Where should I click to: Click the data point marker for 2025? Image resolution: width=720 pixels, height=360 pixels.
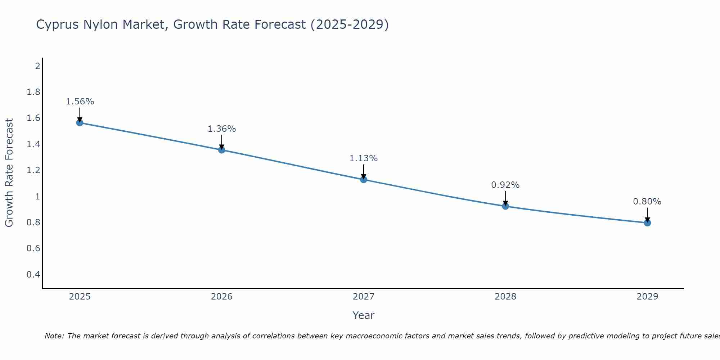80,123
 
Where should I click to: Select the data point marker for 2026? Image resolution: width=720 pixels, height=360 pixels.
221,150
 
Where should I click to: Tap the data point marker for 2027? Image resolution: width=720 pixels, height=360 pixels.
364,179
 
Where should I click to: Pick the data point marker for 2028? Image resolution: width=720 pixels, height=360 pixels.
505,206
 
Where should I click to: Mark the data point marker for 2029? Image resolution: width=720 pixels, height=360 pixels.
647,223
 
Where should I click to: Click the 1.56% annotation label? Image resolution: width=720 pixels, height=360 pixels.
80,102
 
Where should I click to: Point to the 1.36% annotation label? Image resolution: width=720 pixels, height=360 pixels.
221,129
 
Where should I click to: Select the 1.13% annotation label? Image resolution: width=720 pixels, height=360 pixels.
364,158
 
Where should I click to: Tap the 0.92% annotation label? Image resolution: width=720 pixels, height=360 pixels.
505,185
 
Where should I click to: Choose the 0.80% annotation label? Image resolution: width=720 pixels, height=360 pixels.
647,202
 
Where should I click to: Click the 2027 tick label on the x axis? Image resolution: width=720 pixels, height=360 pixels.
364,297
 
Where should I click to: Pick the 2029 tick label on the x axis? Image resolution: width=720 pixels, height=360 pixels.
647,297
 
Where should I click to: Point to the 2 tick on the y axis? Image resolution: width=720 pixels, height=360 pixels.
37,66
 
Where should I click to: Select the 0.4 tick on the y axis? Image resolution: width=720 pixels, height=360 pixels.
33,275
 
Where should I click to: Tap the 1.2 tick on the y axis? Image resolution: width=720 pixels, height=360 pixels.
33,170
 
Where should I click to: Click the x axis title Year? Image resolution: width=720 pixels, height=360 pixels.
364,315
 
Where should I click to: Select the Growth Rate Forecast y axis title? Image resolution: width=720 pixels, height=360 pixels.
9,173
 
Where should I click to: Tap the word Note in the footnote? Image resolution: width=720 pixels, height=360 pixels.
54,336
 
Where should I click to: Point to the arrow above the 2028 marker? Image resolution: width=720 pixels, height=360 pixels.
505,198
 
